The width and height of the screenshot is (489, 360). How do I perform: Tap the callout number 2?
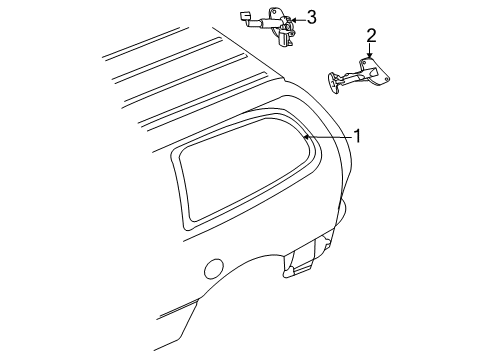371,36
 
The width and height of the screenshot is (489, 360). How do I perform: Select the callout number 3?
311,17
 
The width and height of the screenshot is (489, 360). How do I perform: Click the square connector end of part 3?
244,14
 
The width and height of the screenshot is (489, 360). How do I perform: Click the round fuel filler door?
212,269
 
